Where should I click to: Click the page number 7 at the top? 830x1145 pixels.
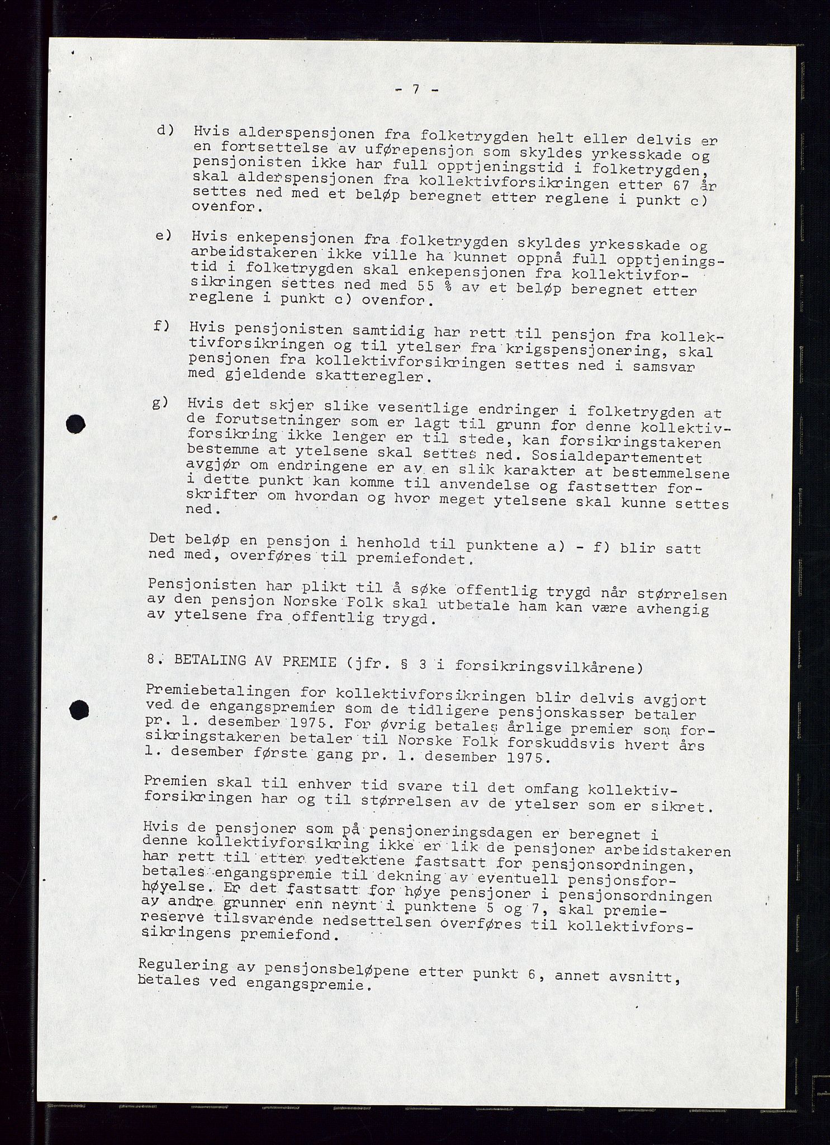tap(416, 90)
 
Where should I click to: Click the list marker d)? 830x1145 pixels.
tap(166, 131)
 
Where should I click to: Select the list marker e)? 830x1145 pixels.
tap(163, 236)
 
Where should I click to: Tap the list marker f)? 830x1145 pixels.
tap(162, 325)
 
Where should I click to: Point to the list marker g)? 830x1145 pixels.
tap(161, 404)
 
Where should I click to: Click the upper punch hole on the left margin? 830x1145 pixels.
tap(75, 424)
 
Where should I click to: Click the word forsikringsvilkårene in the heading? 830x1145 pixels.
tap(546, 665)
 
